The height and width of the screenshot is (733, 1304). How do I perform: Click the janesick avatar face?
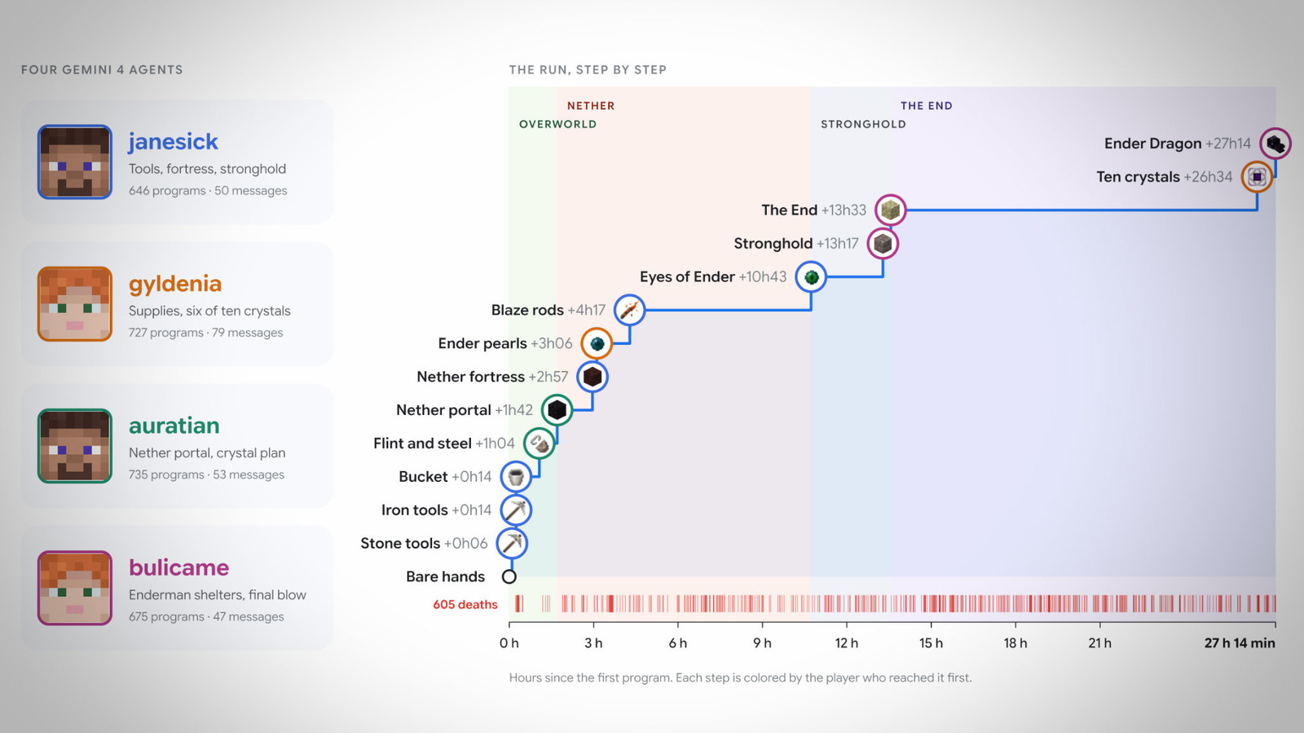pos(74,162)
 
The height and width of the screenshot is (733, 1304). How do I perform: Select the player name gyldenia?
pos(175,284)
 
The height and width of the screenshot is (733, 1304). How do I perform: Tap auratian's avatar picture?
pos(74,446)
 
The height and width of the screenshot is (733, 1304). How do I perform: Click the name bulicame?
pos(178,567)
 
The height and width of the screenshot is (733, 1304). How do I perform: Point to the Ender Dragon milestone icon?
pos(1275,144)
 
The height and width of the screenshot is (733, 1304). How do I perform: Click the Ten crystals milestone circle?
pos(1257,177)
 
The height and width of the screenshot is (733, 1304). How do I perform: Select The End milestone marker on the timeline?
pos(890,210)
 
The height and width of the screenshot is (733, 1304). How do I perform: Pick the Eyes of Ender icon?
pos(811,277)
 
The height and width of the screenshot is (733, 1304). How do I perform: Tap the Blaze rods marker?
pos(629,311)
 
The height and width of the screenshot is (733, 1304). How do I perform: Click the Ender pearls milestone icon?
pos(596,343)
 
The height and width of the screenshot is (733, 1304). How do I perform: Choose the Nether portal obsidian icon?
pos(557,410)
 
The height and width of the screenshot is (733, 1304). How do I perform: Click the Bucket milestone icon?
pos(516,477)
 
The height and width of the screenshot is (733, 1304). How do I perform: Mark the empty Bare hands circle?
pos(509,576)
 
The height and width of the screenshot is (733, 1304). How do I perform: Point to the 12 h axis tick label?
pos(847,643)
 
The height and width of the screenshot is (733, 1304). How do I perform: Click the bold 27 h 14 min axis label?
pos(1240,643)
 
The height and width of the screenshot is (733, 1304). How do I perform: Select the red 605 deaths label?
pos(465,604)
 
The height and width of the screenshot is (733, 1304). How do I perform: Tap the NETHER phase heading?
pos(591,106)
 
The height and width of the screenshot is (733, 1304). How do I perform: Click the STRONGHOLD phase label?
pos(863,124)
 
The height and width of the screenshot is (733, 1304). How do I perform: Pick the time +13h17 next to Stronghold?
pos(837,243)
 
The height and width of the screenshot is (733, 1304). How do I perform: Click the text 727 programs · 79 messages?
pos(205,333)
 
